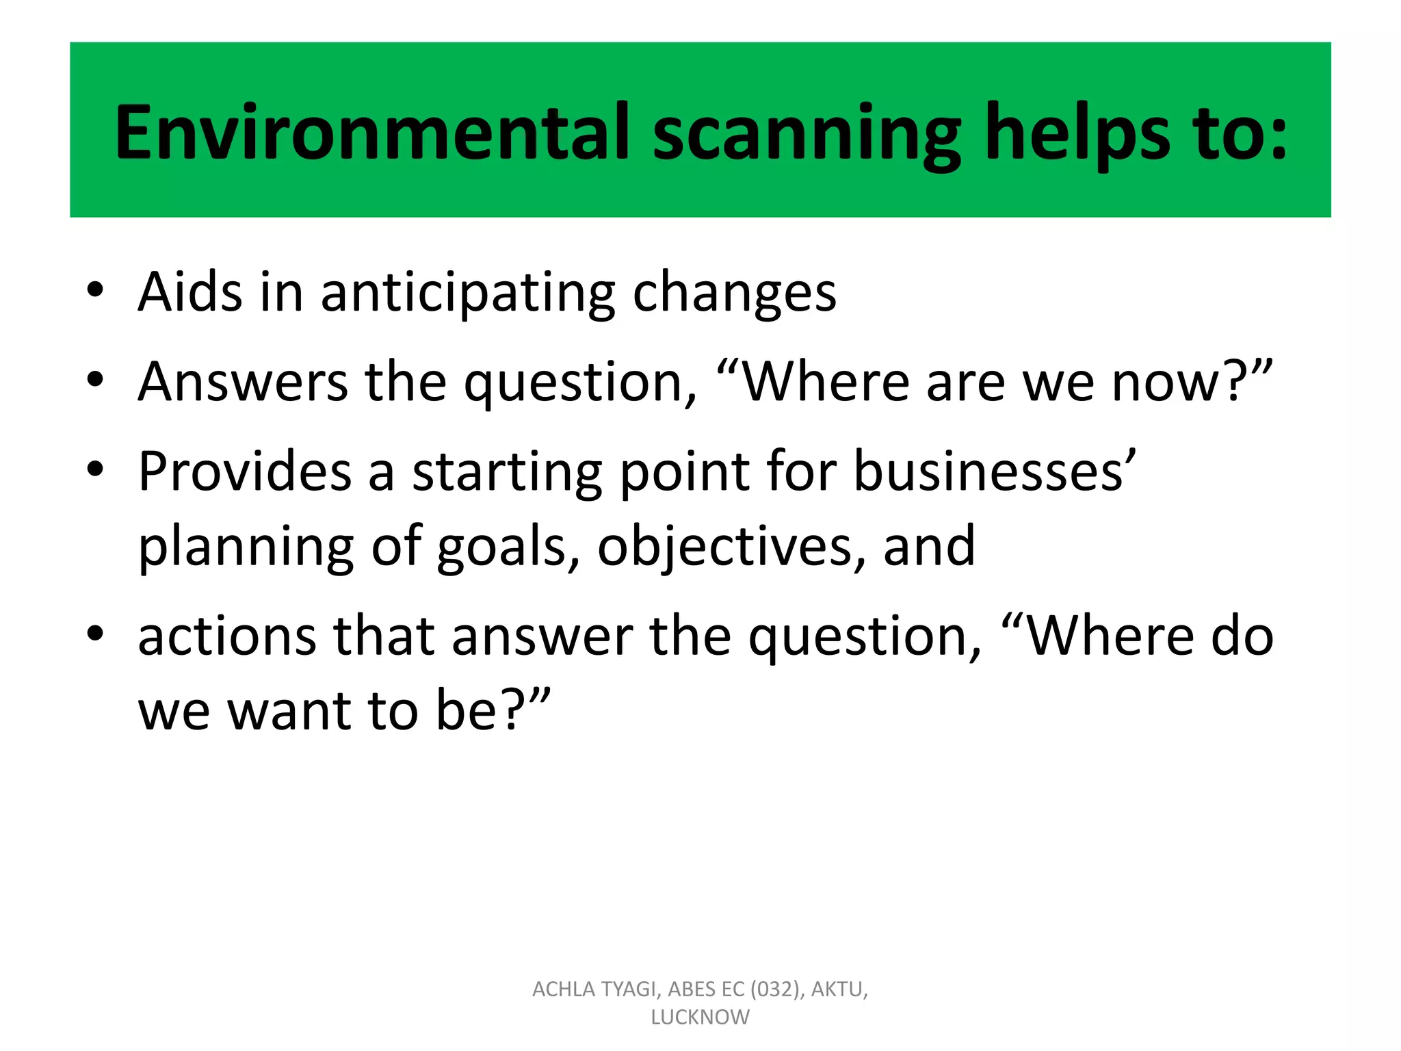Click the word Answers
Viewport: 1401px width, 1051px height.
(243, 381)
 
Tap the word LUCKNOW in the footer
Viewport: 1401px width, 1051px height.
(700, 1017)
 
